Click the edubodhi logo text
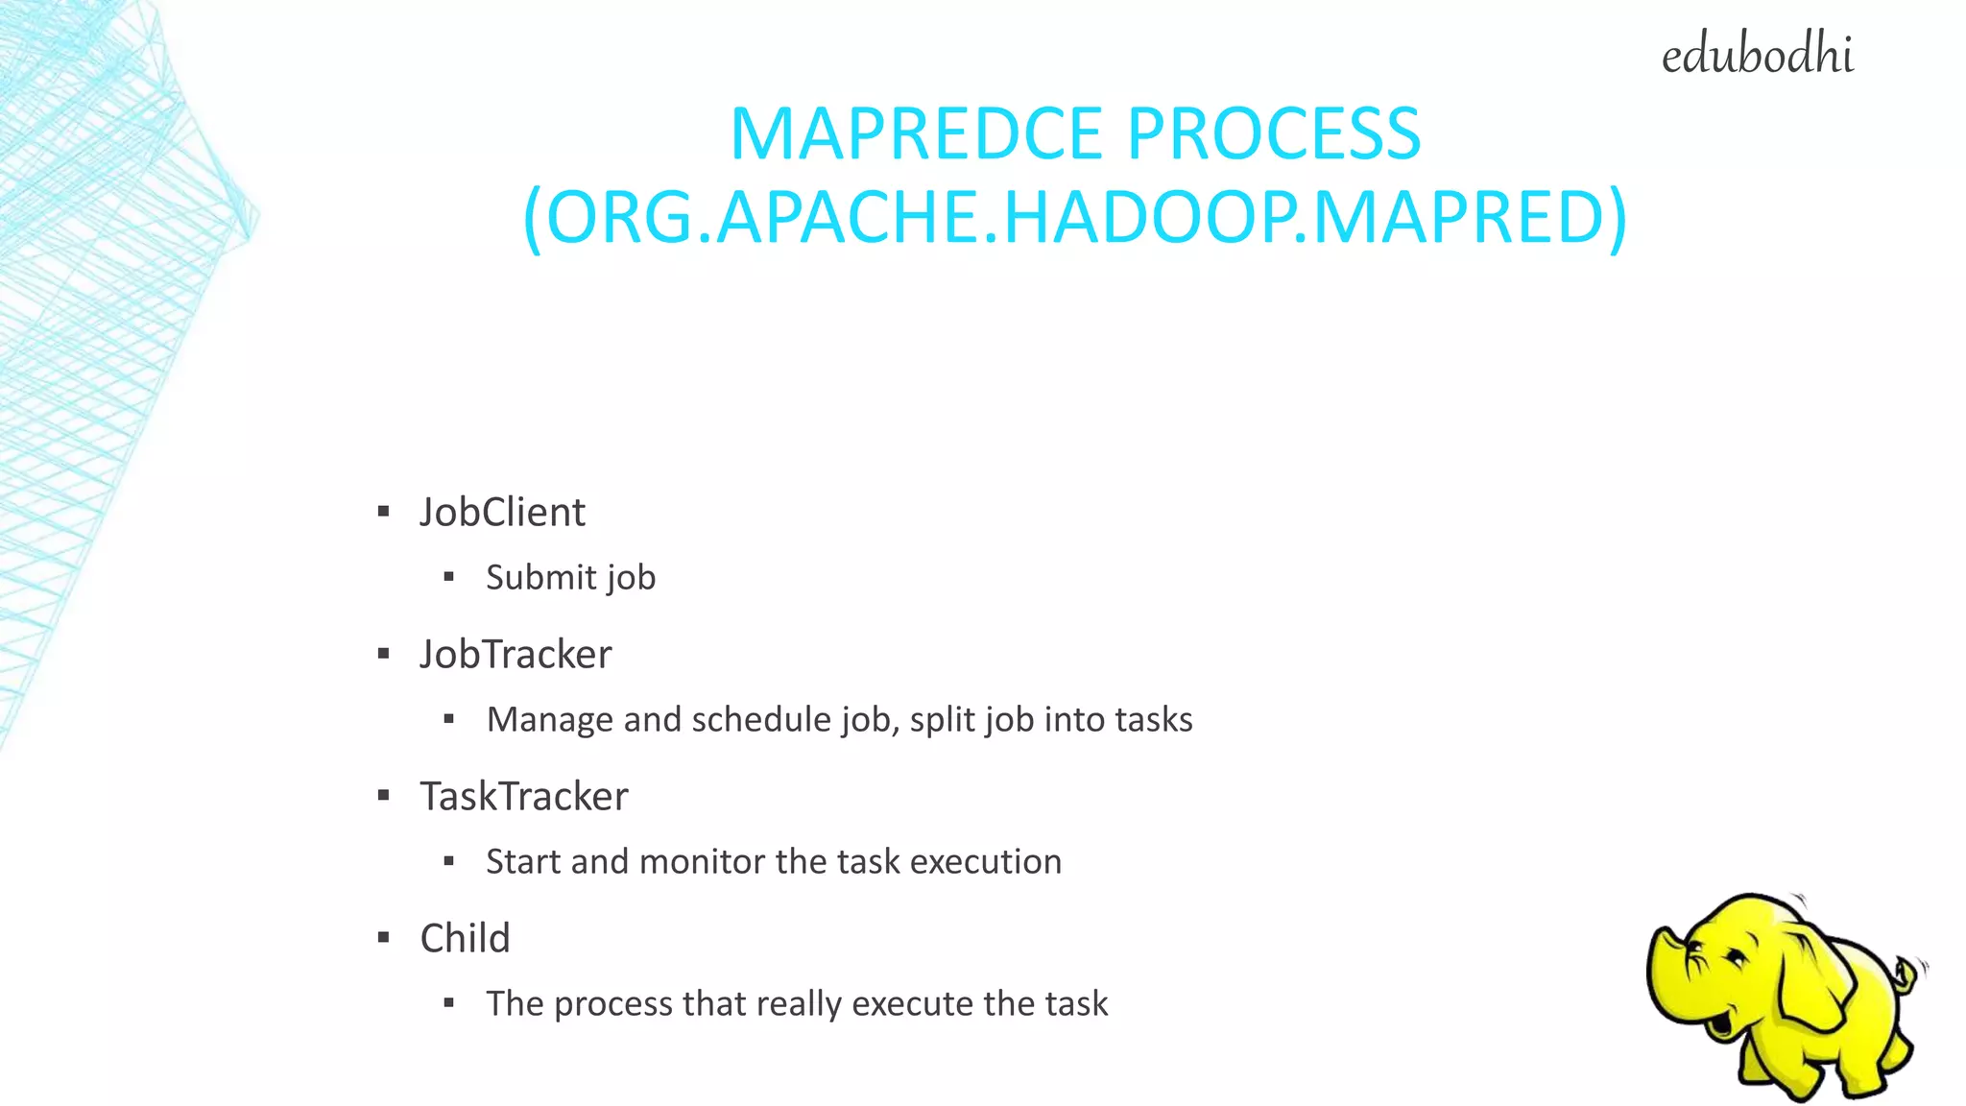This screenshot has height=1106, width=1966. [x=1757, y=56]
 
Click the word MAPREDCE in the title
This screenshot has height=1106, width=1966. [x=916, y=133]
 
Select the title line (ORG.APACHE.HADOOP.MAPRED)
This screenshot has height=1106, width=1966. [x=1075, y=218]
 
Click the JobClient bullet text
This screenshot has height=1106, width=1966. [x=502, y=513]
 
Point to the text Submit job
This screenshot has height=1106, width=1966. [x=570, y=578]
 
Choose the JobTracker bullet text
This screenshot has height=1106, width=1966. [x=515, y=655]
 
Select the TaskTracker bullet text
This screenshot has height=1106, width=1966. [x=524, y=797]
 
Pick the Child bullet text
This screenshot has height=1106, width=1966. [x=465, y=939]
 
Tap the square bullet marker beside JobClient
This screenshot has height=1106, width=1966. [x=384, y=512]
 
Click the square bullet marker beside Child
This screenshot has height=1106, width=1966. [x=384, y=938]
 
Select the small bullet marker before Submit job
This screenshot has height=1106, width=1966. [x=449, y=577]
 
